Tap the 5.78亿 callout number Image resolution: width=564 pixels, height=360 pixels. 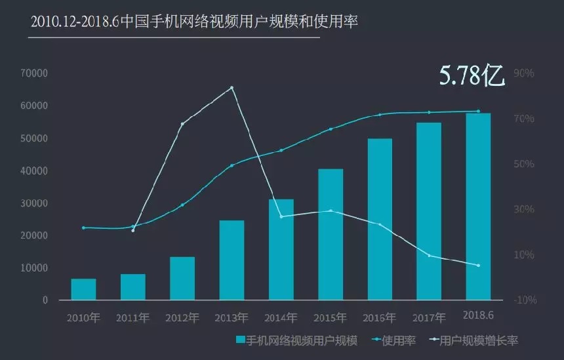472,75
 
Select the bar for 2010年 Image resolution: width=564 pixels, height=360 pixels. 83,289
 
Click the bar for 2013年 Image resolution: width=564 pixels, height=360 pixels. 232,260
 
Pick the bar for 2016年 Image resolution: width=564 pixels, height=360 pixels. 380,219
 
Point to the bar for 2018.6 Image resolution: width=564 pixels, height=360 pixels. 478,207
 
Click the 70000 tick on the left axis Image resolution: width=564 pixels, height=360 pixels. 34,73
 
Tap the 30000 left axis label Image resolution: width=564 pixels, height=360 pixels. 34,203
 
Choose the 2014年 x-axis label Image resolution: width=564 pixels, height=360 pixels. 281,318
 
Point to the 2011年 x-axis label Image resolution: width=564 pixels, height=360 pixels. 132,318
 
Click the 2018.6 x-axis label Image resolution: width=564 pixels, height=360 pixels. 478,315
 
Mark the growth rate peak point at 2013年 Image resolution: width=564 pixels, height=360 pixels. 232,87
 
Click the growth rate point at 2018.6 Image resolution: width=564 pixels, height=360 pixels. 478,265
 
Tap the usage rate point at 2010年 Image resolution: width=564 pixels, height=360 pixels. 83,228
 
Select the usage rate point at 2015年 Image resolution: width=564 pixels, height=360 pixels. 331,129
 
